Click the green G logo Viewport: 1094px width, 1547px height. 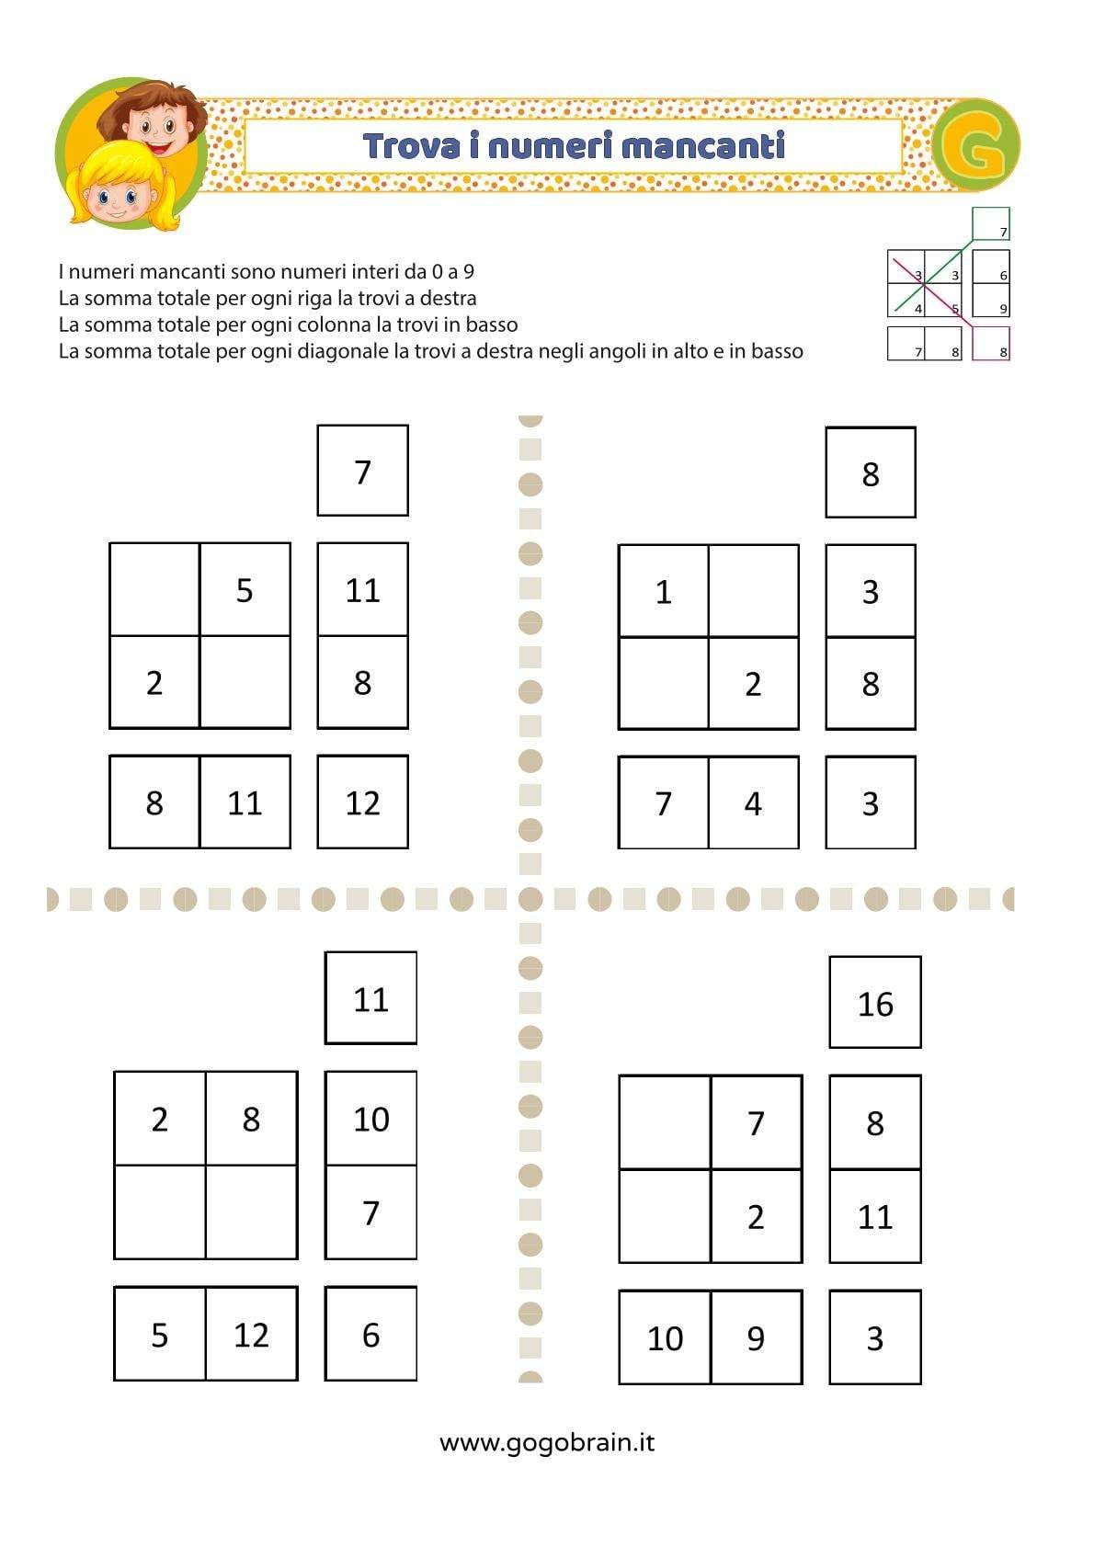coord(976,146)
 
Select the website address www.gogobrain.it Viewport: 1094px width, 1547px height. coord(547,1442)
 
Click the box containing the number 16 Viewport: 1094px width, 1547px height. coord(874,1003)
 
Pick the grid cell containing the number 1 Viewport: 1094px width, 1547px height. coord(663,591)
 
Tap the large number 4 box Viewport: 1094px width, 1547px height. coord(753,803)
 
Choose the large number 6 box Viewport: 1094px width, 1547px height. coord(370,1335)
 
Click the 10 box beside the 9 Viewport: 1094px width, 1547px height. coord(665,1338)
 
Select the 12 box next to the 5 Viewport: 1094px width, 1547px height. coord(251,1335)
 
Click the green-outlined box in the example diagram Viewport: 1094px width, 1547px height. coord(990,223)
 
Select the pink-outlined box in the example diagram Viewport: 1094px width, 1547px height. coord(990,343)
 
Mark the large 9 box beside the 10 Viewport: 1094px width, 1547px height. coord(756,1338)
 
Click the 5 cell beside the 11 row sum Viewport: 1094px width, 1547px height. coord(245,590)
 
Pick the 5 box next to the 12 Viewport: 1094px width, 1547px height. coord(160,1335)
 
